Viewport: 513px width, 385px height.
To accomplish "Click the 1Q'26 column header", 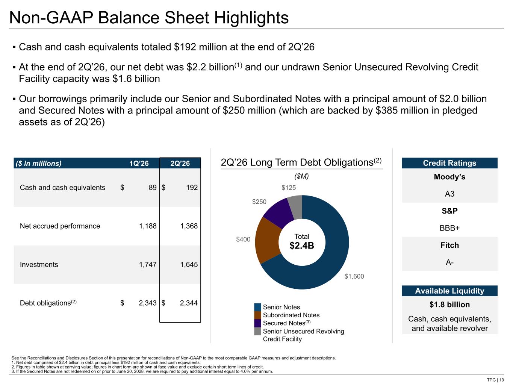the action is coord(139,163).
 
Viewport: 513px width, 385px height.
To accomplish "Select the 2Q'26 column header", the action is coord(180,163).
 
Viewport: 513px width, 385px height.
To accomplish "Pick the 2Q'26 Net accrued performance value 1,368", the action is coord(189,226).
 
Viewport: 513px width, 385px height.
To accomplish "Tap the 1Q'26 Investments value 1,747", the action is coord(148,264).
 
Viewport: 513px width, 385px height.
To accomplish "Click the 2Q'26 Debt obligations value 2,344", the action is coord(189,303).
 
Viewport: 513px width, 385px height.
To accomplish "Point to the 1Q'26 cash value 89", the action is coord(153,188).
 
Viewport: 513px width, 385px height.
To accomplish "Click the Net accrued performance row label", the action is coord(60,226).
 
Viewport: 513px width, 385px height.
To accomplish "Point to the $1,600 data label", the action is coord(354,276).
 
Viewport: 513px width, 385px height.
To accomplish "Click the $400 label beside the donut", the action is coord(243,239).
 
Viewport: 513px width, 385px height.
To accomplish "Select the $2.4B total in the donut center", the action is coord(302,246).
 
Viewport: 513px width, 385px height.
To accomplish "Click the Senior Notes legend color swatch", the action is coord(257,307).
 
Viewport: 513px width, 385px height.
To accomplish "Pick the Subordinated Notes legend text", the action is coord(291,315).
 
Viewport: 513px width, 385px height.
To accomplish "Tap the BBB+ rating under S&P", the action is coord(449,228).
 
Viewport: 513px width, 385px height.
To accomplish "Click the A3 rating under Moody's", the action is coord(449,194).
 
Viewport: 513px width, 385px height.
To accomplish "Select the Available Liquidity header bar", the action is coord(449,291).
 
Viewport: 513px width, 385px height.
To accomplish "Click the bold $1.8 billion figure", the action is coord(449,305).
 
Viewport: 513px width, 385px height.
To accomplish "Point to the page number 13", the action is coord(502,380).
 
